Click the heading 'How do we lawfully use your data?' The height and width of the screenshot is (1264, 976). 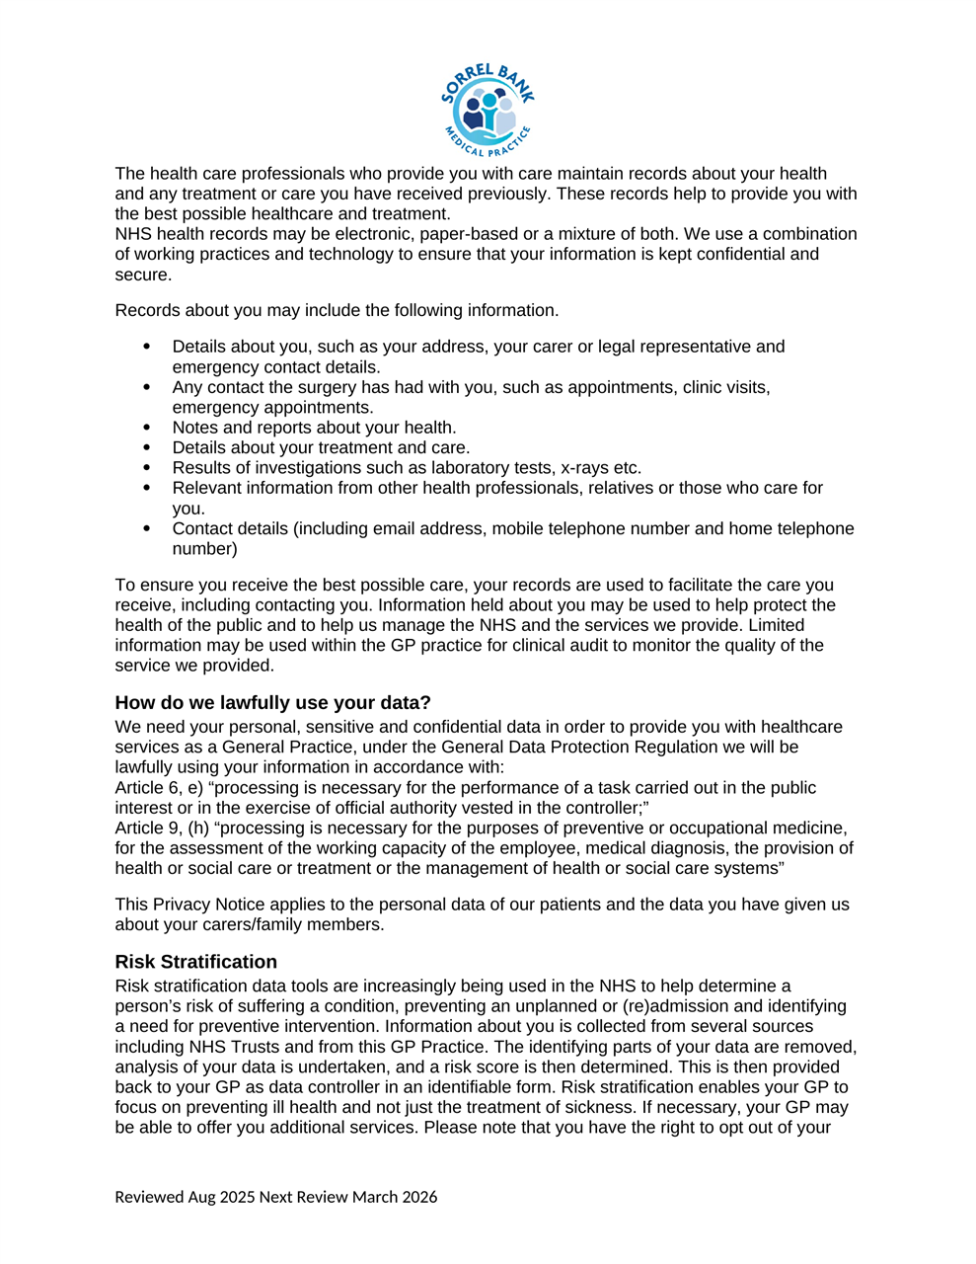(272, 702)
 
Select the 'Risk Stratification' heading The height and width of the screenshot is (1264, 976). (195, 961)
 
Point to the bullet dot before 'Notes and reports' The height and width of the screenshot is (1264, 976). (147, 428)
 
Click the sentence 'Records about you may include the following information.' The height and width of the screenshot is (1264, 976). (337, 310)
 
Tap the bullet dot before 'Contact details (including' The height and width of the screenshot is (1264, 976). (147, 528)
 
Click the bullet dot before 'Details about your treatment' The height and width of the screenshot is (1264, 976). (147, 447)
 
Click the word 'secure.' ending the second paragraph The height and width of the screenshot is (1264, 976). (143, 275)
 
